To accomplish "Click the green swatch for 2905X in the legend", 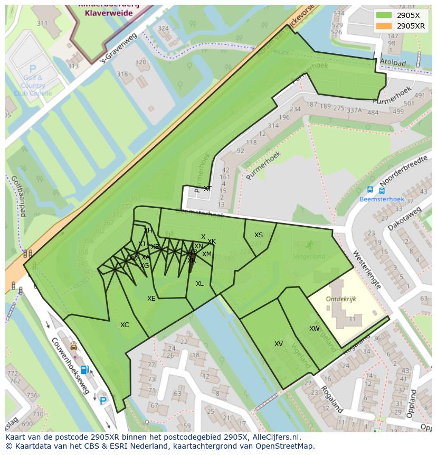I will coord(384,15).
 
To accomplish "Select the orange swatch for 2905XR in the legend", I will coord(384,26).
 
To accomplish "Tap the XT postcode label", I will coord(207,189).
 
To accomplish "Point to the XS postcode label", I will coord(259,235).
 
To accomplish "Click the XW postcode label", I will coord(315,329).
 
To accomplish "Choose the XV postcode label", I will coord(279,344).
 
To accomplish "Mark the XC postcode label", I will coord(125,325).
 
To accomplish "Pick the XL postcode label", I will coord(199,284).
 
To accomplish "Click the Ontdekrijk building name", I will coord(341,299).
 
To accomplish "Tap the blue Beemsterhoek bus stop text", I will coord(374,199).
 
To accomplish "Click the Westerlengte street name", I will coord(367,269).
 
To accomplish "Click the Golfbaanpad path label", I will coord(18,196).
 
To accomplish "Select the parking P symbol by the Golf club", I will coord(33,69).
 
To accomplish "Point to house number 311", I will coord(42,23).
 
